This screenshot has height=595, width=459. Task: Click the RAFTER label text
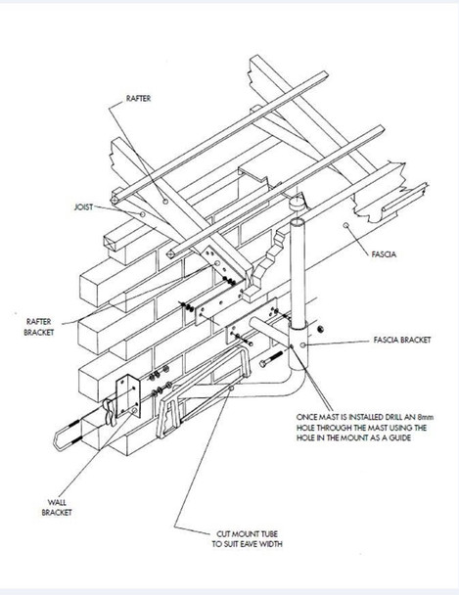[139, 100]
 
